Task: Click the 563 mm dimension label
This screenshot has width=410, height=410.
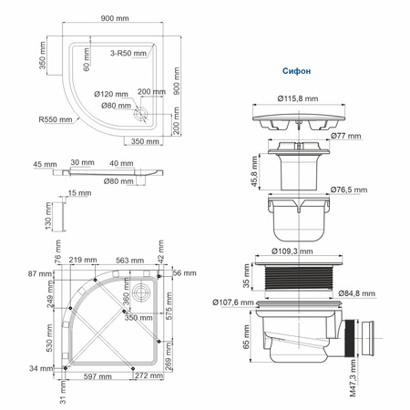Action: (x=122, y=260)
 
